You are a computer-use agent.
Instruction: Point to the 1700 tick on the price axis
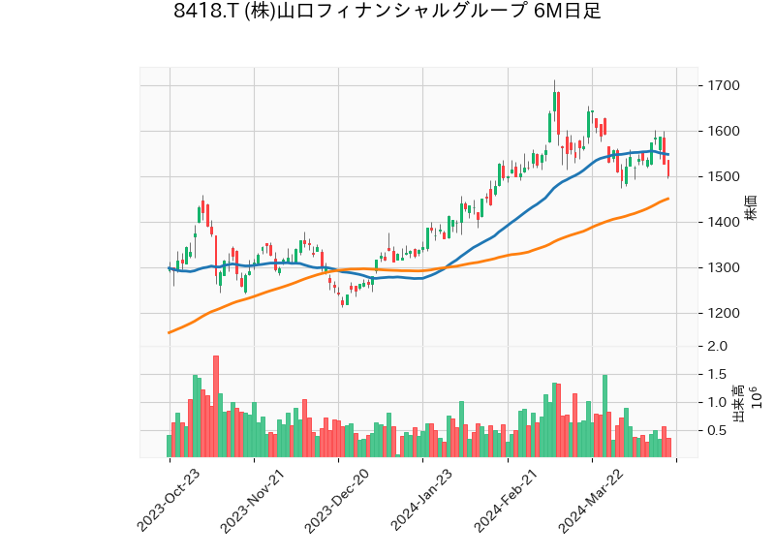pos(726,86)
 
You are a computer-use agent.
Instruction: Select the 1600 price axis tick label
pos(726,132)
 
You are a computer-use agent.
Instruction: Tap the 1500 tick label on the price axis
pos(726,177)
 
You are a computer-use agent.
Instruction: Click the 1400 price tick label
pos(726,223)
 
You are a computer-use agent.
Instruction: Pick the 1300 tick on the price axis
pos(726,268)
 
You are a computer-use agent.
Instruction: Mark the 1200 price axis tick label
pos(726,314)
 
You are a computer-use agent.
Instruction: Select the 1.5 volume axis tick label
pos(718,375)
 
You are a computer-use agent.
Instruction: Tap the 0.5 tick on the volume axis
pos(718,431)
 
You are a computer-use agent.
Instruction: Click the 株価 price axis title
pos(751,207)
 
